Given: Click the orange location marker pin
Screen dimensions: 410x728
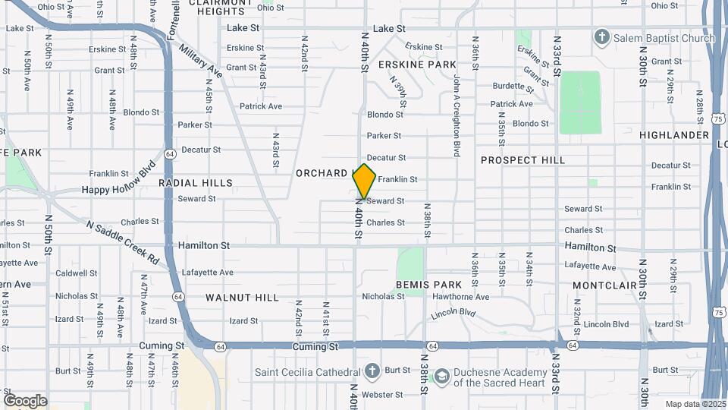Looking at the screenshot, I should [365, 181].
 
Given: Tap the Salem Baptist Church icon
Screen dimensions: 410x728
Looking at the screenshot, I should [602, 37].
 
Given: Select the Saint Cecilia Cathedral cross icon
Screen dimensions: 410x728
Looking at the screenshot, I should [372, 371].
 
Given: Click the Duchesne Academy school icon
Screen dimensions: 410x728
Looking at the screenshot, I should [440, 377].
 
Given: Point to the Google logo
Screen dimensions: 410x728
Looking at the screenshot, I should [25, 401].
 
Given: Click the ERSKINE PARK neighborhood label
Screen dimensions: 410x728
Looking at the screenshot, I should [417, 65].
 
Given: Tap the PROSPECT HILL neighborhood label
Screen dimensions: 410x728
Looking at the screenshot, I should [522, 160].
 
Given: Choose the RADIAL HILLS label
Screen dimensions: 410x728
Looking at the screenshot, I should [196, 183].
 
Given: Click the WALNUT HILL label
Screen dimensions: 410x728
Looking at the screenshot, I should [242, 298].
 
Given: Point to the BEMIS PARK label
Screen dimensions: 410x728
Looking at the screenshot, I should [429, 285].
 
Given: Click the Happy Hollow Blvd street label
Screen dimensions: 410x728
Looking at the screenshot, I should [118, 178].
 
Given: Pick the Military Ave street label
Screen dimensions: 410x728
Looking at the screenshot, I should [202, 60].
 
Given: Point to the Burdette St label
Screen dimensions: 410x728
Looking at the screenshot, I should [513, 86].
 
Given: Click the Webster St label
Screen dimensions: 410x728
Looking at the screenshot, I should [384, 395].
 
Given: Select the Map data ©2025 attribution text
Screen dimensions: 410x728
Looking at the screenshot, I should [695, 404].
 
